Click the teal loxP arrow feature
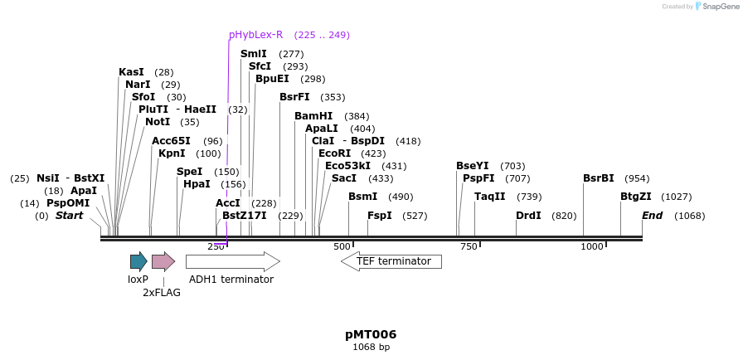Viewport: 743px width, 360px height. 138,261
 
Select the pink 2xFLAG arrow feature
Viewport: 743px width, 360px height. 163,261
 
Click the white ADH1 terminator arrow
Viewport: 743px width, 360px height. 232,261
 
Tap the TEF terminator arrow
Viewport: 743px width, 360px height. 391,261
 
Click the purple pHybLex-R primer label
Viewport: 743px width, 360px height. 255,35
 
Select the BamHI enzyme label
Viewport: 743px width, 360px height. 313,116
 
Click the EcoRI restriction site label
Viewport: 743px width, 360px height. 334,153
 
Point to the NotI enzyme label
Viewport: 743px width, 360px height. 158,122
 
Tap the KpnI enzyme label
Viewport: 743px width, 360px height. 172,153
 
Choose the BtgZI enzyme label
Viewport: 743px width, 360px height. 636,197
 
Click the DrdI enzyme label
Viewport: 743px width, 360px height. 528,216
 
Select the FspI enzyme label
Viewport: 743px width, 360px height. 380,216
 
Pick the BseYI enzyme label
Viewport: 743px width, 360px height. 473,166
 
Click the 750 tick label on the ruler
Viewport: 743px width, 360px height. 469,246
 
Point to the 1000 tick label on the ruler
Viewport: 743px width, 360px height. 592,246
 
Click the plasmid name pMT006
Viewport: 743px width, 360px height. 371,334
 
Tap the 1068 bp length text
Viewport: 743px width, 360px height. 371,348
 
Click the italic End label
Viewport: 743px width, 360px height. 653,216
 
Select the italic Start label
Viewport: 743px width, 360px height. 70,216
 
